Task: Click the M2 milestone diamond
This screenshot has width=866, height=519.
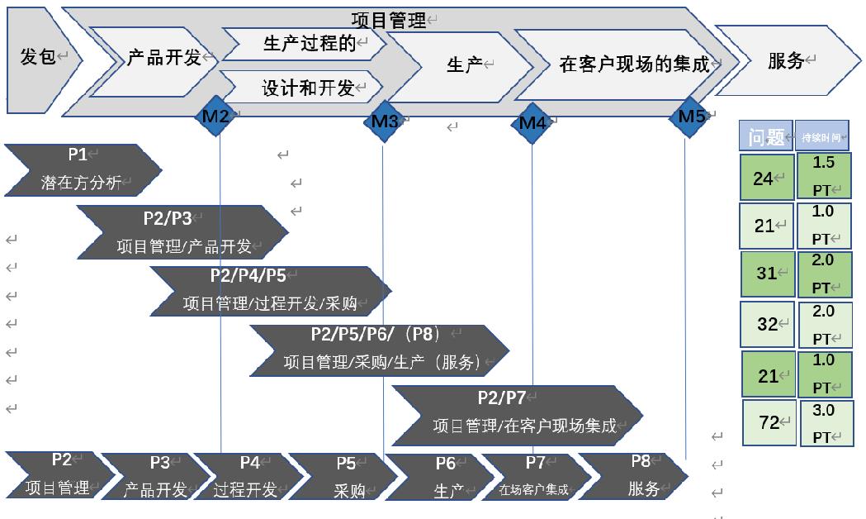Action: [216, 116]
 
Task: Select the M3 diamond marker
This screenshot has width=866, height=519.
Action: [384, 121]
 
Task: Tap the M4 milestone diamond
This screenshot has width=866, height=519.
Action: [532, 123]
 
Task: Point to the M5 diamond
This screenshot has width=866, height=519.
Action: [691, 117]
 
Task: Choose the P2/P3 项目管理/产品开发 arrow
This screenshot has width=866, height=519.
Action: [182, 232]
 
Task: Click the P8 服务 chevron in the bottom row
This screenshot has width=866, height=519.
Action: [639, 476]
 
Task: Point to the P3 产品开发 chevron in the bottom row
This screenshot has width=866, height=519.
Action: [157, 477]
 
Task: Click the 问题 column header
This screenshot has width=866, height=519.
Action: [765, 136]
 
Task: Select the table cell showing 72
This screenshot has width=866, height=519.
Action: [769, 422]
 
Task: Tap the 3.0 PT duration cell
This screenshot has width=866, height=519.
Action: [826, 423]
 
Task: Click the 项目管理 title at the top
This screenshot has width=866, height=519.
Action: [388, 20]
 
